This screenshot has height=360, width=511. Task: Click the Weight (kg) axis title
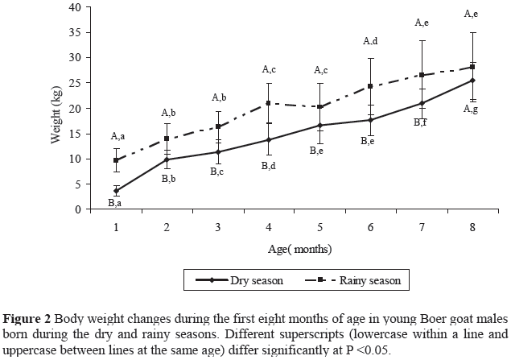[x=56, y=110]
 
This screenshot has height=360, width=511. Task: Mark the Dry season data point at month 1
[x=117, y=192]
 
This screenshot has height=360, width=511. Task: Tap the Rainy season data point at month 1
[x=117, y=160]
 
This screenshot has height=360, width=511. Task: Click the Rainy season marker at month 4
[x=269, y=103]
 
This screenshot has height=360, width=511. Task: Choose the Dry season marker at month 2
[x=167, y=159]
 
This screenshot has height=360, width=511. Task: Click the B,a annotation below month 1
[x=115, y=204]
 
